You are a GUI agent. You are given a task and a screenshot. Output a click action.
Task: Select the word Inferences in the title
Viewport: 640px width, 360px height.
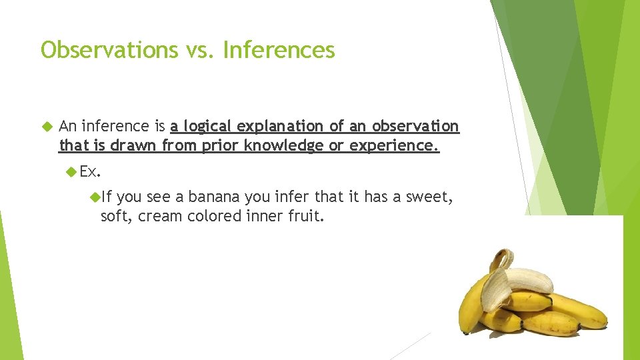click(x=279, y=50)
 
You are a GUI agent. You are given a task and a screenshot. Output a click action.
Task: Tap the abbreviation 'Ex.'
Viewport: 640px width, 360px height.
click(x=90, y=172)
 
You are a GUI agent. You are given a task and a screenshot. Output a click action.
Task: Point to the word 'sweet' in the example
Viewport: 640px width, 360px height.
click(x=431, y=197)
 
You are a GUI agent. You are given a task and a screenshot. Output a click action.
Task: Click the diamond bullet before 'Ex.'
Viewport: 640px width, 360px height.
click(x=72, y=172)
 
